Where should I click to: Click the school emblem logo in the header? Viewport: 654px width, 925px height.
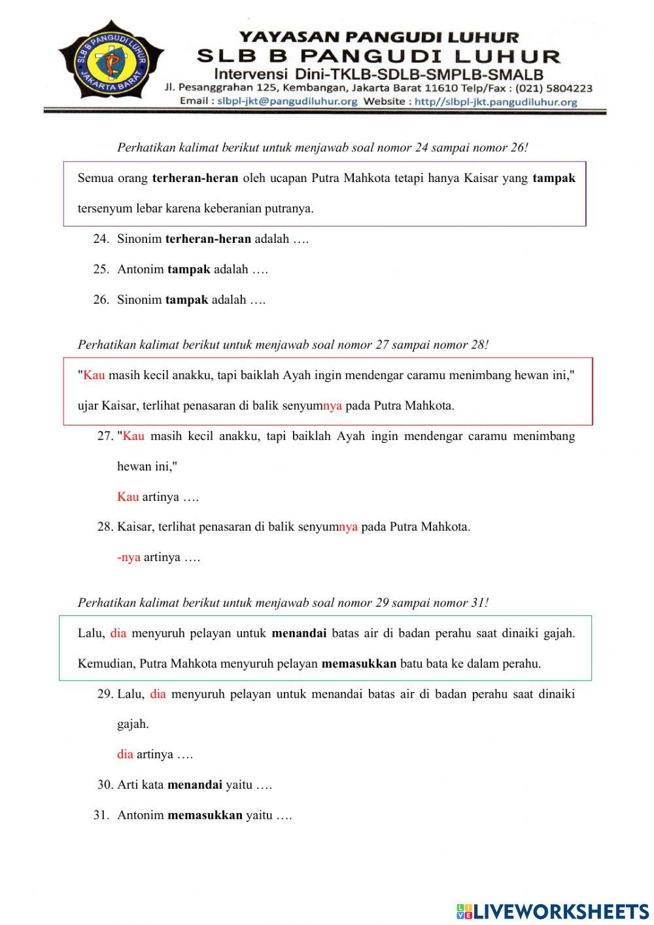[111, 62]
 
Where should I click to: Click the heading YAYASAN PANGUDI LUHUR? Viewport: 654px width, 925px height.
[379, 37]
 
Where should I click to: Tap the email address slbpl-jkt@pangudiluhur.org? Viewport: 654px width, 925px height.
[287, 101]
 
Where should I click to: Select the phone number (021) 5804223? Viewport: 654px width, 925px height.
[554, 88]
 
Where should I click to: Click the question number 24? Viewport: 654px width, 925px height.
[100, 239]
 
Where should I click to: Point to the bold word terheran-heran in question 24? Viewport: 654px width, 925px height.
[208, 239]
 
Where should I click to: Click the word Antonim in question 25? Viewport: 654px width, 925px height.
[140, 269]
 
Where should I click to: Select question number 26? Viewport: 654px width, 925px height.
[100, 300]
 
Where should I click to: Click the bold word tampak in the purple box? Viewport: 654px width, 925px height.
[553, 177]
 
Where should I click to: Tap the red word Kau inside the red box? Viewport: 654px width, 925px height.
[94, 375]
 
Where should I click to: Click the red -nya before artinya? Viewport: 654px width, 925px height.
[129, 558]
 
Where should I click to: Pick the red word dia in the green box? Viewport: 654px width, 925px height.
[118, 633]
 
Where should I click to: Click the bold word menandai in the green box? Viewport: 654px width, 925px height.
[299, 633]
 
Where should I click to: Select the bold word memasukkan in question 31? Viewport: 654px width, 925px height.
[205, 816]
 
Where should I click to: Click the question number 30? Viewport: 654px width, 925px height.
[105, 785]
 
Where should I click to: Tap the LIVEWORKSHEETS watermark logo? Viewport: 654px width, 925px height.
[553, 911]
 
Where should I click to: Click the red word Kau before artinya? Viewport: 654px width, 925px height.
[128, 497]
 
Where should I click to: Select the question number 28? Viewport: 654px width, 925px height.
[105, 527]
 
